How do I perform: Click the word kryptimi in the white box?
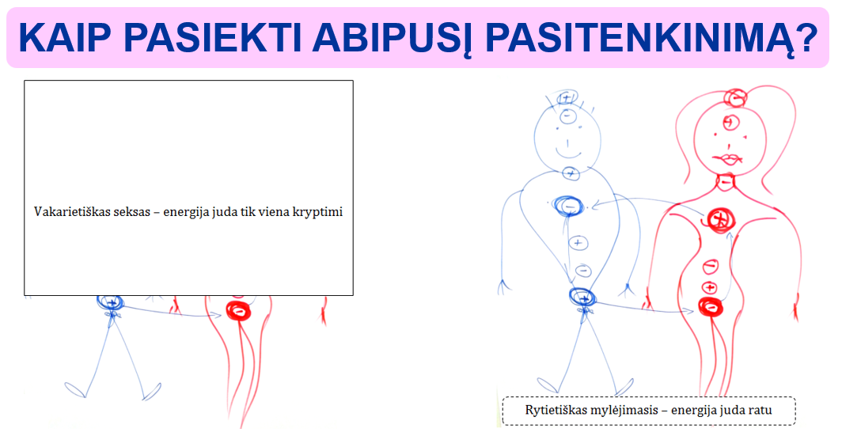click(320, 212)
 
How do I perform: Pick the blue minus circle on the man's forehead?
click(567, 116)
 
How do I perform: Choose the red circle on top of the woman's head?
click(736, 98)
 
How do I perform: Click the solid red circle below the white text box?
click(237, 309)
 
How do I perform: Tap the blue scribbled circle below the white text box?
click(110, 301)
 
